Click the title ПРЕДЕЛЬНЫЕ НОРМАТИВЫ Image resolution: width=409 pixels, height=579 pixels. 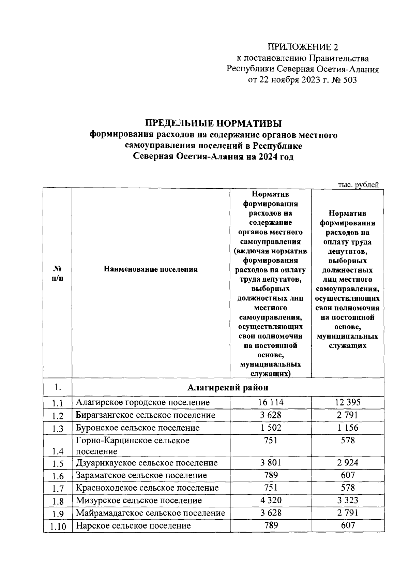(x=213, y=123)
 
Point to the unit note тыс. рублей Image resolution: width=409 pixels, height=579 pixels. (x=358, y=185)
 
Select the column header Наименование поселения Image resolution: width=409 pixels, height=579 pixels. (x=151, y=269)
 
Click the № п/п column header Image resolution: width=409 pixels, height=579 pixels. (x=57, y=273)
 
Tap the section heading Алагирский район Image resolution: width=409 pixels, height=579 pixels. (x=228, y=387)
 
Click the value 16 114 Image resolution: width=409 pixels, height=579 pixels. (x=271, y=402)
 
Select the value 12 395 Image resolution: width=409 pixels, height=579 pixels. (x=348, y=402)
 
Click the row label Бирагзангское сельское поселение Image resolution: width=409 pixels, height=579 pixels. (x=145, y=415)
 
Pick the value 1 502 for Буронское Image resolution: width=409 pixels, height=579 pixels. (x=271, y=428)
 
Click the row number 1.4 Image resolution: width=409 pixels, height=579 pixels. (x=58, y=451)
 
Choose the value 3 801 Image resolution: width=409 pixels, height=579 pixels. (x=271, y=463)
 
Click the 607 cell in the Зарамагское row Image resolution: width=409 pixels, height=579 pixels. (x=348, y=475)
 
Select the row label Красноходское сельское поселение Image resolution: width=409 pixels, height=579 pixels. (x=147, y=488)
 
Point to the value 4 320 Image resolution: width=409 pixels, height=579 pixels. (x=271, y=500)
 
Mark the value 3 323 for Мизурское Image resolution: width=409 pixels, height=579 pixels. (x=348, y=500)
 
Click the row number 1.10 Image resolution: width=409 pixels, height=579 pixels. (x=58, y=526)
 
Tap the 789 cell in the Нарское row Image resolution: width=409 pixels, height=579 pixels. (x=271, y=525)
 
